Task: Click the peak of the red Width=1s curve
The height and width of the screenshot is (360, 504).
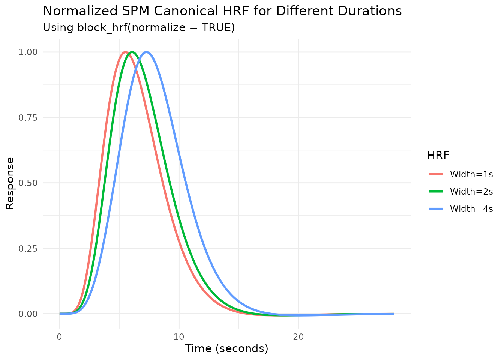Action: click(x=126, y=52)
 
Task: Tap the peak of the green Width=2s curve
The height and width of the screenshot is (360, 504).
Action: click(x=132, y=52)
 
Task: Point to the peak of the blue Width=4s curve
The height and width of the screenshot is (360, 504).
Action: click(x=146, y=52)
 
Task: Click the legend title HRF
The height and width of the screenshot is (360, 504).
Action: click(x=438, y=155)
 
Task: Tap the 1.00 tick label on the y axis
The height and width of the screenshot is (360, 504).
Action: click(x=28, y=52)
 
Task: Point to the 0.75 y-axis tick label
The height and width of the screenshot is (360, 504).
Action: click(x=28, y=118)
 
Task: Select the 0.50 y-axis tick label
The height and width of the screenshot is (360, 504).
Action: click(x=28, y=183)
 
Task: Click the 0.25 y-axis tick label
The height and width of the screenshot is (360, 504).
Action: click(x=28, y=248)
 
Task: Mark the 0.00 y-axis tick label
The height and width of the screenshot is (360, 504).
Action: click(x=28, y=314)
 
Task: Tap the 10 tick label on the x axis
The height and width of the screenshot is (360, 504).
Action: click(x=179, y=337)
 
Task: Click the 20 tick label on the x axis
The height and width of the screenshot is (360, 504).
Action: click(x=298, y=337)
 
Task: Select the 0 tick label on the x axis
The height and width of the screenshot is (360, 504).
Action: click(x=60, y=337)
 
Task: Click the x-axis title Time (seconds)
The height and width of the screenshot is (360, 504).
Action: click(x=226, y=349)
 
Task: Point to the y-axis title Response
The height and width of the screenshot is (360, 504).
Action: click(x=10, y=183)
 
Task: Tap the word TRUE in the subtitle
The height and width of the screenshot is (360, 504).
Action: click(x=216, y=28)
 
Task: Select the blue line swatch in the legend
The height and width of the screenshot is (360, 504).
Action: click(x=436, y=209)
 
